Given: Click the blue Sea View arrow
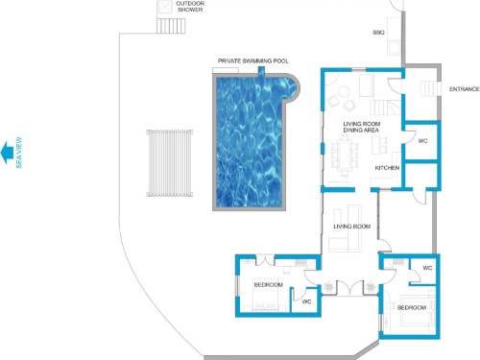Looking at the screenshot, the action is point(7,153).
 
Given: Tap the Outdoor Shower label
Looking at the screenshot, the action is point(190,7).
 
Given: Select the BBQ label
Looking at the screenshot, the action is point(378,33).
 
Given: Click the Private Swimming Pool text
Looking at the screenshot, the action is point(252,60).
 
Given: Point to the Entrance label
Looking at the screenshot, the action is point(465,89).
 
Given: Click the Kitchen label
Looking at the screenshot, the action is point(387,168).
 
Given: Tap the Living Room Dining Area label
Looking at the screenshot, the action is point(362,127).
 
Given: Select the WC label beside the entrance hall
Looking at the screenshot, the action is point(422,141).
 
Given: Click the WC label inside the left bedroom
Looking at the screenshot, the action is point(306,301).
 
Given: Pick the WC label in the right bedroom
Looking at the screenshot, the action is point(427,268).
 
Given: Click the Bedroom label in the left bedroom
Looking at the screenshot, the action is point(269,285).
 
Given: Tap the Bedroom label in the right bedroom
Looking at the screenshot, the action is point(412,308).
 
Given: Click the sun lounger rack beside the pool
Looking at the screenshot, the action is point(170,163).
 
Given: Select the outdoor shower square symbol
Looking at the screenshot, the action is point(165,7).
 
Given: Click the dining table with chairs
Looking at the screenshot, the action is point(345,156).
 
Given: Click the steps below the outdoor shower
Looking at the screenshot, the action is point(171,26).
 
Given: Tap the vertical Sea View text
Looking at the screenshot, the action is point(19,153).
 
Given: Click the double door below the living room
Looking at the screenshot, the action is point(350,288).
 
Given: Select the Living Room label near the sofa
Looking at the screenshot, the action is point(352,227).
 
